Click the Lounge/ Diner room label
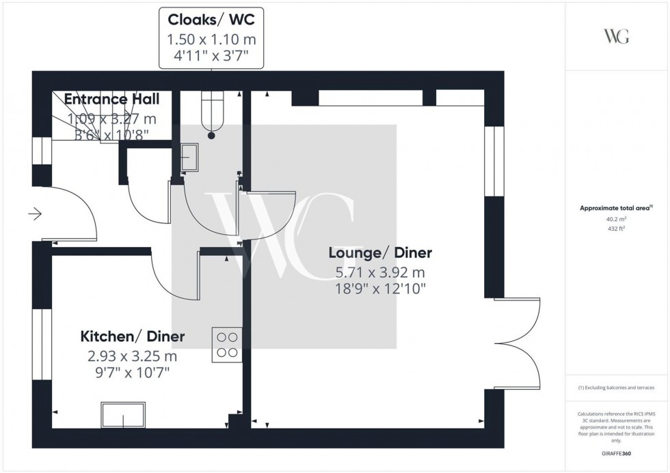coord(380,253)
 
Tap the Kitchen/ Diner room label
coord(133,336)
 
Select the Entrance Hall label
coord(111,100)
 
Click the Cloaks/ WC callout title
coord(212,18)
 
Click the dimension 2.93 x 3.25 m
coord(133,356)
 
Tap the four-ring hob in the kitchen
coord(227,344)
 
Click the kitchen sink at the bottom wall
coord(124,414)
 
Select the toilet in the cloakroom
coord(211,113)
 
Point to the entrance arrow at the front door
coord(35,214)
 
